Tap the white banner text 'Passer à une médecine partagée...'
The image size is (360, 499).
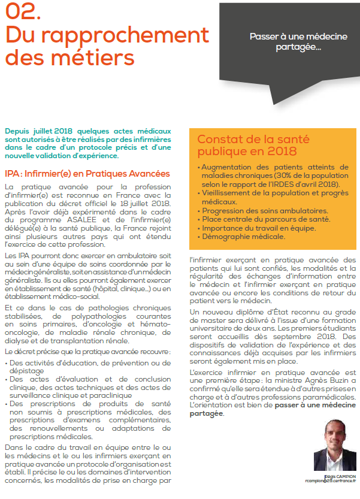tap(298, 41)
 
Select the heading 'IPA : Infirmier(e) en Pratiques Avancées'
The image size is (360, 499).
tap(87, 174)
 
